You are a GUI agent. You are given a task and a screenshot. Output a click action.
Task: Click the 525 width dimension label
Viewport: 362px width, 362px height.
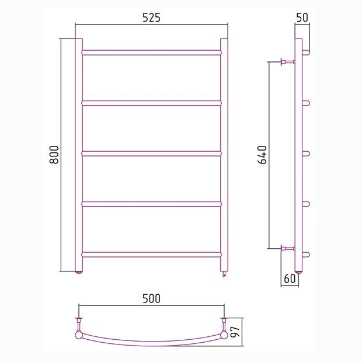pyautogui.click(x=151, y=18)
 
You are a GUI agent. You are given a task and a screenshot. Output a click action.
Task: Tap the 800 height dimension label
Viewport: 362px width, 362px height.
pyautogui.click(x=54, y=155)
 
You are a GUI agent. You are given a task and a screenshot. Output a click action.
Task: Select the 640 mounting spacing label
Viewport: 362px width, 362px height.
pyautogui.click(x=262, y=155)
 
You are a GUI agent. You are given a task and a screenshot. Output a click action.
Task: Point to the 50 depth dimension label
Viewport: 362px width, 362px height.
pyautogui.click(x=302, y=18)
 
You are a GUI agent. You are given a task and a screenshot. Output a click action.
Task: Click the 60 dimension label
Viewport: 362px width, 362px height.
pyautogui.click(x=290, y=279)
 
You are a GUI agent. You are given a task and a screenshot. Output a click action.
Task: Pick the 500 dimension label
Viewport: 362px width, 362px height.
pyautogui.click(x=151, y=298)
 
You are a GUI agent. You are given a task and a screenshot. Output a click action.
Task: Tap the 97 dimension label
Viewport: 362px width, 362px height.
pyautogui.click(x=235, y=332)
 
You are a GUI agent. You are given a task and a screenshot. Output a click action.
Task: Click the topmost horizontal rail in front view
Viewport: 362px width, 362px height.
pyautogui.click(x=151, y=53)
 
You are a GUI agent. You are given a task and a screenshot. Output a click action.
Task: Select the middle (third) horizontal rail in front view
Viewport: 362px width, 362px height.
pyautogui.click(x=151, y=154)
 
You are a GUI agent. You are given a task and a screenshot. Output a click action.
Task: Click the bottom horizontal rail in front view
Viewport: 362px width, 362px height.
pyautogui.click(x=151, y=255)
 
